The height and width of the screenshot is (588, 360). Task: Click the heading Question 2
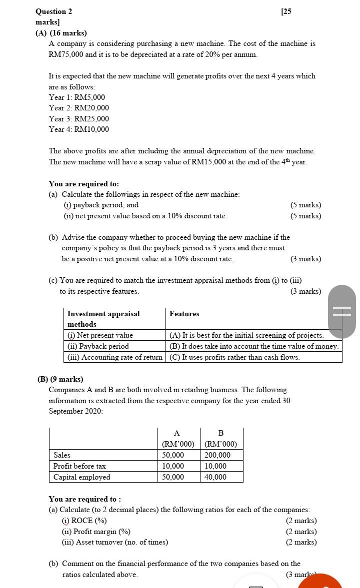[54, 11]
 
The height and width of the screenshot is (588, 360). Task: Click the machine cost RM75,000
[65, 54]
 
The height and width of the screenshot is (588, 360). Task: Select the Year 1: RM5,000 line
[77, 97]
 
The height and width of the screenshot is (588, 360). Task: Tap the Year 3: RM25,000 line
[79, 119]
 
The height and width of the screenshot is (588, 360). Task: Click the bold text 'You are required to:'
[83, 184]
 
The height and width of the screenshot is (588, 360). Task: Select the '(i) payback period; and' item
[101, 205]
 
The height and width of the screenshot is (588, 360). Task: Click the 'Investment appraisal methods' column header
[103, 319]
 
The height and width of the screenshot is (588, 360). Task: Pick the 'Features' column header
[184, 314]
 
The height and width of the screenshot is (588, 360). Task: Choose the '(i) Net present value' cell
[100, 335]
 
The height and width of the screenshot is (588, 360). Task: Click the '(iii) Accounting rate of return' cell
[115, 357]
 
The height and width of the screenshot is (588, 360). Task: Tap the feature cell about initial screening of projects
[246, 335]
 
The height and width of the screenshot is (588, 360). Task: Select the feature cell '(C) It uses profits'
[234, 357]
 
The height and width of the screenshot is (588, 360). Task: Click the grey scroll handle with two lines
[342, 311]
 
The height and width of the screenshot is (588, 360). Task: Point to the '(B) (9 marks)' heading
[60, 379]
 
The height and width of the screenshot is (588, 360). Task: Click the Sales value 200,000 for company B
[217, 455]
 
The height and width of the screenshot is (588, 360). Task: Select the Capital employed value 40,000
[215, 477]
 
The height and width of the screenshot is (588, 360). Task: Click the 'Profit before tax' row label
[80, 466]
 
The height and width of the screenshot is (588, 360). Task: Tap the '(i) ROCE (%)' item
[84, 521]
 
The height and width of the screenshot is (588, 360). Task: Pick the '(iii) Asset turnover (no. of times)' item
[115, 542]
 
